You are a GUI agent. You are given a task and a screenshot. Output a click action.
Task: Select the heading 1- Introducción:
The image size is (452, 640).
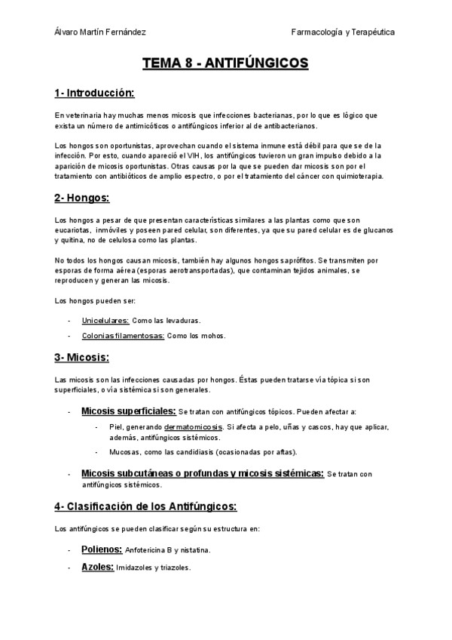(x=94, y=94)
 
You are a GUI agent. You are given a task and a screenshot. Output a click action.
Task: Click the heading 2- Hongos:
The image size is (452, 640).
(x=82, y=198)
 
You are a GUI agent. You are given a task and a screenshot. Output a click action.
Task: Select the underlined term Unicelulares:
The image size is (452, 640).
(x=105, y=320)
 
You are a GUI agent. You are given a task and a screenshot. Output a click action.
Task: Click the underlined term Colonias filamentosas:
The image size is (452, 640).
(x=123, y=336)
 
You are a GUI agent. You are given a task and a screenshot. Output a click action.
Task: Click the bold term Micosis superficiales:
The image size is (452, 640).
(x=128, y=411)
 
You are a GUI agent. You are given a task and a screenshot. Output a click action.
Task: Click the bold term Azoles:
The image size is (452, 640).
(x=97, y=566)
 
